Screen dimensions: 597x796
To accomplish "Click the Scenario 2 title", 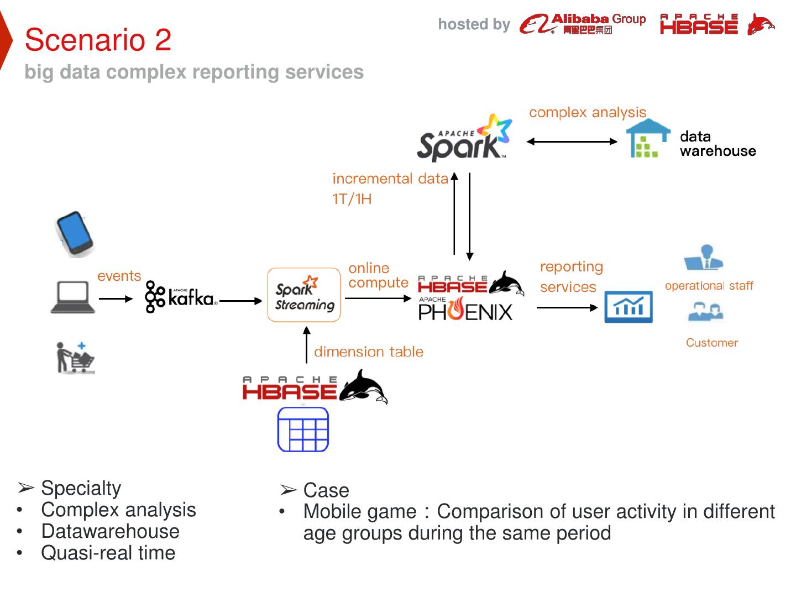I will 98,40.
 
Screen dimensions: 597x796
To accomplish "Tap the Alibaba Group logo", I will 583,24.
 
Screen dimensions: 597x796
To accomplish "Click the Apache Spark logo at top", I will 464,138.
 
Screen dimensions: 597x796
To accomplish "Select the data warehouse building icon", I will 646,139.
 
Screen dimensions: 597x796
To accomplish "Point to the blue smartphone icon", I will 75,234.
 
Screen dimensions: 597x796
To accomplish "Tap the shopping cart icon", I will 76,358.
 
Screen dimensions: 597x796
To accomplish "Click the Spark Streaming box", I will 304,295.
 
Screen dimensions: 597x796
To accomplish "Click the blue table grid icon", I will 303,430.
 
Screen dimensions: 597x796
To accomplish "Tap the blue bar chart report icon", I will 629,307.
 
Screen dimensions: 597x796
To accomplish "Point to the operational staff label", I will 709,286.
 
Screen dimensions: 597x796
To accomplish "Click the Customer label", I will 712,343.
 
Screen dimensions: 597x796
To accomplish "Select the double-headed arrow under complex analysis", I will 572,142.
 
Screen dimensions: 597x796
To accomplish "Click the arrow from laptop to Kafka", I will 116,299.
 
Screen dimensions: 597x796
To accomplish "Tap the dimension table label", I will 369,352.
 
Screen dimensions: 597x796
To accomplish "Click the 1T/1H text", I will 352,199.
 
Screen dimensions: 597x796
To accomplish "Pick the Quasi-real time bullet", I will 108,553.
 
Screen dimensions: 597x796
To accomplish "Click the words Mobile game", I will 359,512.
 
